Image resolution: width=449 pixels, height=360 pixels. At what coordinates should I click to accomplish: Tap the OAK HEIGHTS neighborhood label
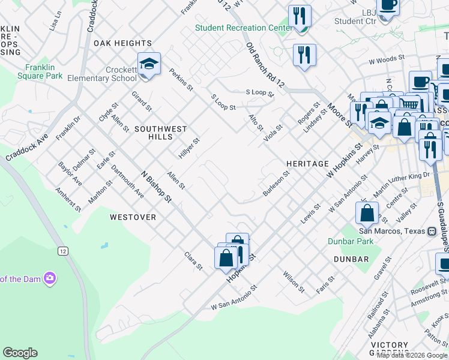[x=122, y=43]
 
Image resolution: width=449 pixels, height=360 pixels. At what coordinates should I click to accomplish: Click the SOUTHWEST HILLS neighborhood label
[x=161, y=129]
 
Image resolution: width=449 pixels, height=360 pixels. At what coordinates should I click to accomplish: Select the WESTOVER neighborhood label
[x=133, y=217]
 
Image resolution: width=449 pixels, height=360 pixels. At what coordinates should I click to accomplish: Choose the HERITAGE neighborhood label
[x=307, y=163]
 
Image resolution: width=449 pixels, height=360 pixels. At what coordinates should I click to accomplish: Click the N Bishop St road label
[x=156, y=187]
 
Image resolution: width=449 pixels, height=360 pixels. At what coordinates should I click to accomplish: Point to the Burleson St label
[x=276, y=183]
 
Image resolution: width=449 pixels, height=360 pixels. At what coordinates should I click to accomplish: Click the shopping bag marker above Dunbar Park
[x=367, y=213]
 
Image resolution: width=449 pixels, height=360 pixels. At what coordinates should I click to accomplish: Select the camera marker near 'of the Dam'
[x=50, y=278]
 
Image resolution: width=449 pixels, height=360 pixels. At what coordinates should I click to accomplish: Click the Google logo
[x=20, y=353]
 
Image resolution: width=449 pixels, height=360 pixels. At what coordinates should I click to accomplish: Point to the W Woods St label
[x=384, y=60]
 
